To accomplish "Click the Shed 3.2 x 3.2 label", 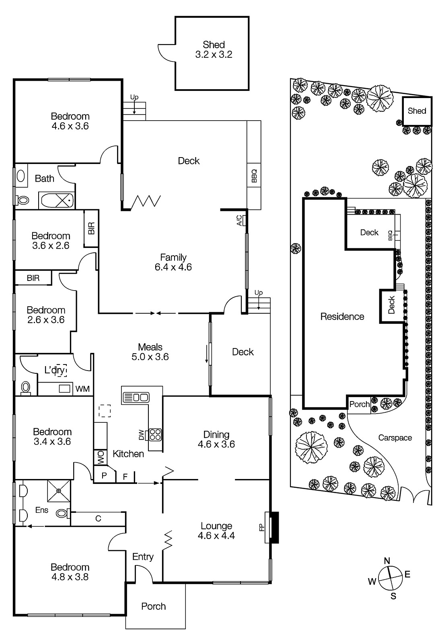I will (214, 50).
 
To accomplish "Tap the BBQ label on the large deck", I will (254, 176).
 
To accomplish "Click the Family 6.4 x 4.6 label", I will (173, 262).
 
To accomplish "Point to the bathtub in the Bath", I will (56, 200).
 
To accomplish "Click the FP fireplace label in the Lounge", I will (262, 527).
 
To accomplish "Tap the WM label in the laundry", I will (82, 389).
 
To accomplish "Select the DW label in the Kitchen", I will (141, 434).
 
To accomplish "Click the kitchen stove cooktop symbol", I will (155, 434).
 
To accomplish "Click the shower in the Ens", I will (59, 491).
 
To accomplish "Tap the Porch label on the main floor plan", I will (154, 606).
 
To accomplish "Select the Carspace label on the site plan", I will (395, 438).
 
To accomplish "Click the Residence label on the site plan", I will (342, 317).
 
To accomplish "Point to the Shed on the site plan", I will (417, 111).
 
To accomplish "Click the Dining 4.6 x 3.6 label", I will (216, 439).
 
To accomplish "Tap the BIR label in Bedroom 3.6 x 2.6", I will (91, 228).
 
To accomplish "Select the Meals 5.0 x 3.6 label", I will (150, 352).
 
